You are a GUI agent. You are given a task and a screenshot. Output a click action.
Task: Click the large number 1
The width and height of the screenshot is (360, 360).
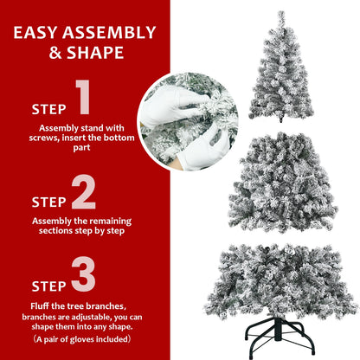83,99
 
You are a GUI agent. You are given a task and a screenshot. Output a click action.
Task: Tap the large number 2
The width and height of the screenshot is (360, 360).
83,194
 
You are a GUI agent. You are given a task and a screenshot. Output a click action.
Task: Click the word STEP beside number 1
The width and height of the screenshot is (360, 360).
48,110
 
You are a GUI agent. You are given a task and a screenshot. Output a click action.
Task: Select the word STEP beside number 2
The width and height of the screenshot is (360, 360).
48,202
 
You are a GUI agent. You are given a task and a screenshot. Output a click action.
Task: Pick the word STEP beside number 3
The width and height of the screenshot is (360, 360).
48,285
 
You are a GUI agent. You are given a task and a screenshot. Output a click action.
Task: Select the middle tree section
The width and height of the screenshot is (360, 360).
282,183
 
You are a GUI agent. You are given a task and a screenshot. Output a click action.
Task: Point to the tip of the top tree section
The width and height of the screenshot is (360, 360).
281,13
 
